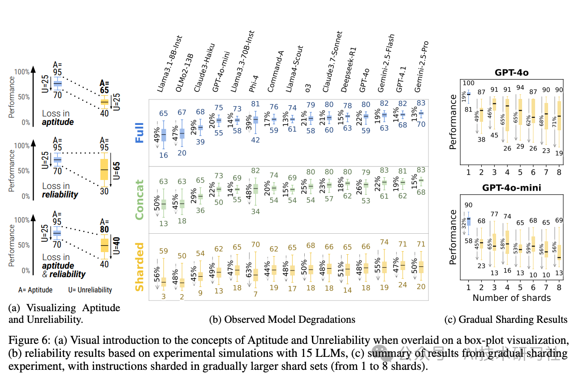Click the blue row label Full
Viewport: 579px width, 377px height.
pos(140,133)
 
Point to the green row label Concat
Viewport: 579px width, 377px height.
pos(140,200)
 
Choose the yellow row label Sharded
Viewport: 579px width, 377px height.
pos(140,267)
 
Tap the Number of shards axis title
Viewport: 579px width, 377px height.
pos(511,298)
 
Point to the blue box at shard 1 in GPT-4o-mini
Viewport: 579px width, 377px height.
pos(469,221)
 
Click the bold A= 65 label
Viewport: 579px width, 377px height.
pos(104,86)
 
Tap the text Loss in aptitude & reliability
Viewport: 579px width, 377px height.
pos(63,266)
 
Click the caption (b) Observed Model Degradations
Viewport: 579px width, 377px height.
pos(282,319)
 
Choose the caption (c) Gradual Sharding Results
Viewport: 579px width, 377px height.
pos(506,319)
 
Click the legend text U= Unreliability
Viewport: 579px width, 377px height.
pos(89,290)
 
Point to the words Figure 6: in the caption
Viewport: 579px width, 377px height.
pos(26,341)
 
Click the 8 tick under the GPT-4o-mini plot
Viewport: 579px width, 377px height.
pos(559,287)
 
